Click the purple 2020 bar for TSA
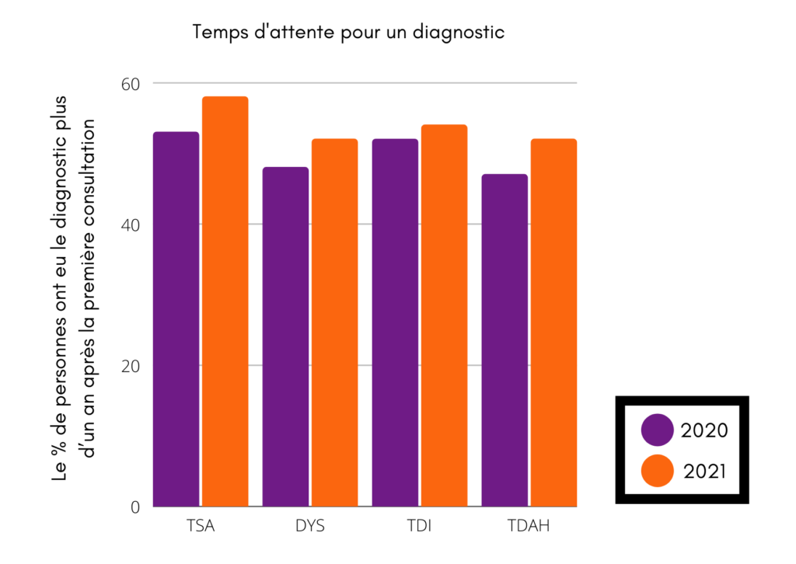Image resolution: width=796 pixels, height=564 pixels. tap(176, 319)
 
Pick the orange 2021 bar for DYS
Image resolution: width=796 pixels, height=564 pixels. tap(334, 322)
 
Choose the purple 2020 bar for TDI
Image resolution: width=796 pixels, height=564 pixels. tap(395, 322)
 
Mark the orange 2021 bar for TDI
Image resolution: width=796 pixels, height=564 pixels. tap(444, 315)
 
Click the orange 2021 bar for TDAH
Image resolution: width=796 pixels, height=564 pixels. tap(553, 322)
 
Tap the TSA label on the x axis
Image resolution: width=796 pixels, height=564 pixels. tap(201, 526)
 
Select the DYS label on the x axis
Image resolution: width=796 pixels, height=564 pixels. tap(310, 526)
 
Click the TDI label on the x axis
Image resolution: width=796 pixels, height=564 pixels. tap(419, 526)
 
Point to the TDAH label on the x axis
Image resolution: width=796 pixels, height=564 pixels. tap(529, 526)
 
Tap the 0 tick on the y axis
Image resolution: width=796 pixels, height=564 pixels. tap(134, 507)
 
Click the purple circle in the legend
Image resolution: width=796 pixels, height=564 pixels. tap(658, 430)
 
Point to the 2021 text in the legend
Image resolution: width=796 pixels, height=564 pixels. tap(705, 471)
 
